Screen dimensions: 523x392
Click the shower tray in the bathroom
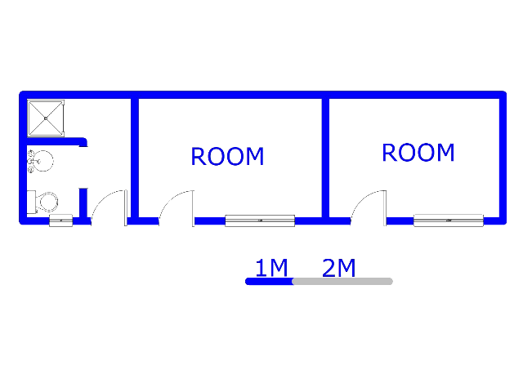coord(46,118)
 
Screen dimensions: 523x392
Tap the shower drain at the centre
coord(46,118)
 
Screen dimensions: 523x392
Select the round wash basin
coord(42,161)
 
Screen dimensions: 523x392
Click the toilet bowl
coord(48,202)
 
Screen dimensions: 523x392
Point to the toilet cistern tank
coord(31,202)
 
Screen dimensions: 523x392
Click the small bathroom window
coord(60,220)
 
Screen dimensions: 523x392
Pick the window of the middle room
coord(260,220)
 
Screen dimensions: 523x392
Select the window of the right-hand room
coord(449,220)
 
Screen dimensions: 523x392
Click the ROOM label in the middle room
coord(227,156)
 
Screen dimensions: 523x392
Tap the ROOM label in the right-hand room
coord(418,153)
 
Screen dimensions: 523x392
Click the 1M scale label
coord(271,268)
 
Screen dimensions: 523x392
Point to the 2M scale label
coord(339,268)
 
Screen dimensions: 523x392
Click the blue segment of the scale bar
coord(270,281)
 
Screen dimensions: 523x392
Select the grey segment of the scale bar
coord(342,281)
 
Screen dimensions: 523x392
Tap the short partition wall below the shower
coord(56,141)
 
